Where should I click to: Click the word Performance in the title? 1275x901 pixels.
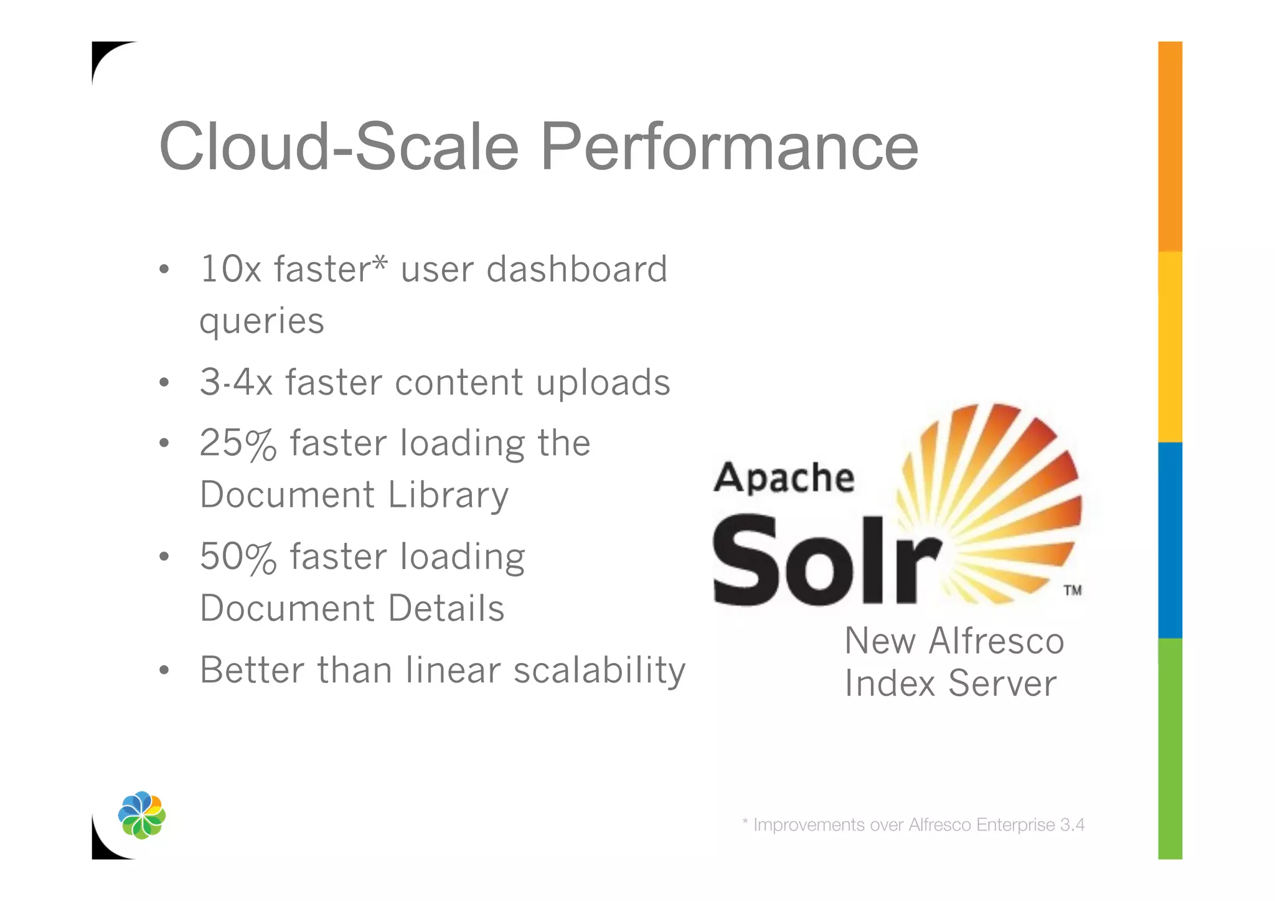[729, 147]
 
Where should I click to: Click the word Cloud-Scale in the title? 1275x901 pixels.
[339, 147]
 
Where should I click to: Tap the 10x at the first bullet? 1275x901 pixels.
[230, 269]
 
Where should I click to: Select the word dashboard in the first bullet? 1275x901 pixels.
[576, 269]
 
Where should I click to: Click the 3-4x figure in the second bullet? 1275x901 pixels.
[236, 382]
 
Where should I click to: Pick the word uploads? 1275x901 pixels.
[603, 382]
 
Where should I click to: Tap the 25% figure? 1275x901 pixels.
[238, 443]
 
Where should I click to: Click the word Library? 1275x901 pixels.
[448, 495]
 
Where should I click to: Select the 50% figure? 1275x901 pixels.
[238, 557]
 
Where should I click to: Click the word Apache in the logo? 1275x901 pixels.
[784, 478]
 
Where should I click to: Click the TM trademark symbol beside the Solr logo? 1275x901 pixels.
[1072, 590]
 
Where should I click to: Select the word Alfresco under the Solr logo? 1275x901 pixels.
[996, 641]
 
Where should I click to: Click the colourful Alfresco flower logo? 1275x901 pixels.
[142, 815]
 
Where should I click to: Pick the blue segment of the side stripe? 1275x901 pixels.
[1170, 540]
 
